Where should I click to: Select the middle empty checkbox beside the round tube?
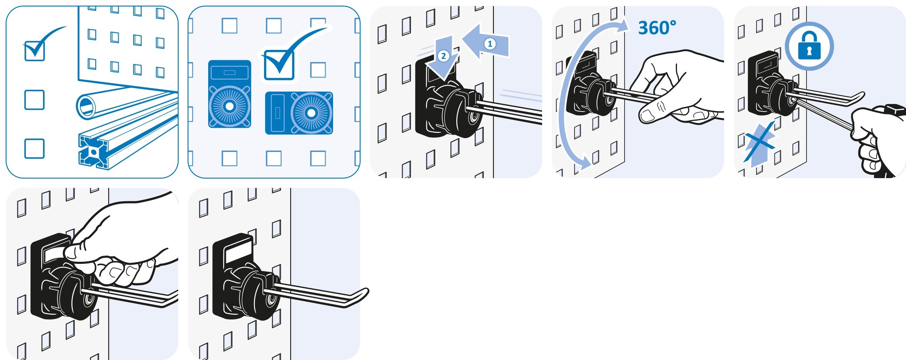click(x=35, y=100)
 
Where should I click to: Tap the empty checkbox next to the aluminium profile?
click(x=35, y=149)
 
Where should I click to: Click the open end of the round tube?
click(x=87, y=106)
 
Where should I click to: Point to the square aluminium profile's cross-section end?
click(x=94, y=152)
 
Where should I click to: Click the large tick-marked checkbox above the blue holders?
click(x=279, y=65)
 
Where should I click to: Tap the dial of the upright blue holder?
click(x=229, y=106)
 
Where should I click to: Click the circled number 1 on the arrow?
click(x=490, y=44)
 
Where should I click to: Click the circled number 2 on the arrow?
click(x=443, y=56)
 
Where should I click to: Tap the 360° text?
click(x=657, y=28)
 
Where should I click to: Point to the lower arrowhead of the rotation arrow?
click(x=584, y=162)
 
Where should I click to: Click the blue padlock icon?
click(x=809, y=46)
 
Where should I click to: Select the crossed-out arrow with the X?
click(x=759, y=144)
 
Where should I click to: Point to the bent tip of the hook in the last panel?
click(x=361, y=296)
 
